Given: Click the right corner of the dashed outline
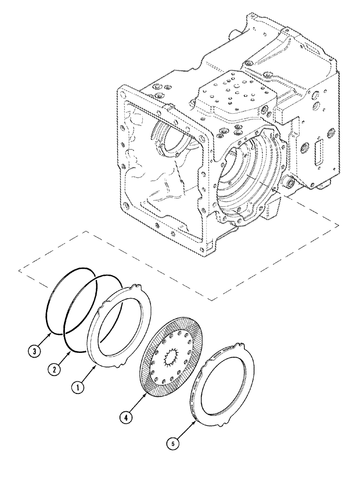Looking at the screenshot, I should (x=337, y=224).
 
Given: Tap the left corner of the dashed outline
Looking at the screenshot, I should (x=18, y=269).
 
